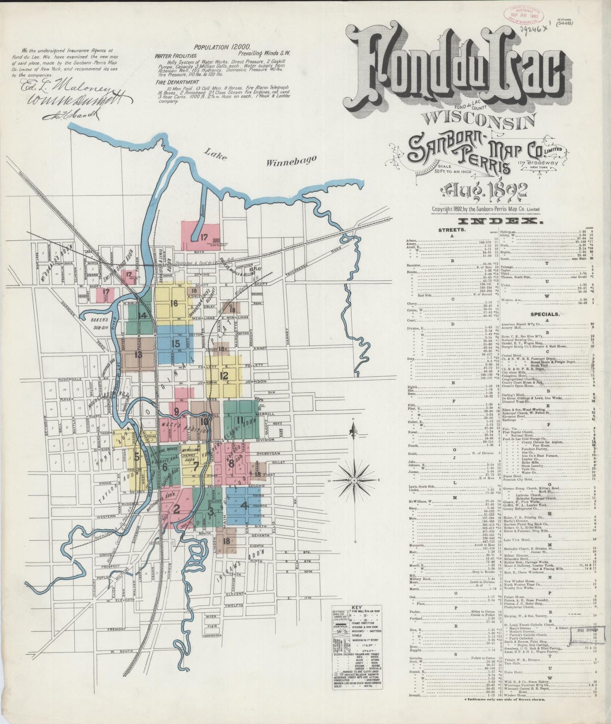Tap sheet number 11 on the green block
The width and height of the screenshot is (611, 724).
pyautogui.click(x=240, y=420)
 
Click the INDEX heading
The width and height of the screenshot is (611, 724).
pyautogui.click(x=485, y=222)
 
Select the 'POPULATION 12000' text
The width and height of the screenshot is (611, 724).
pyautogui.click(x=222, y=47)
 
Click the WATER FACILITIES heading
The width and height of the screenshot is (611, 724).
pyautogui.click(x=175, y=55)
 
